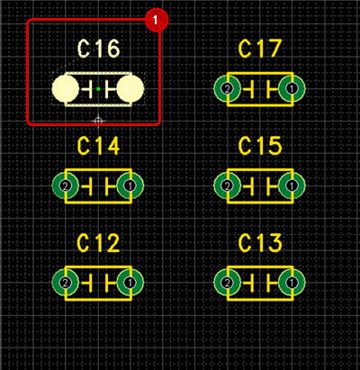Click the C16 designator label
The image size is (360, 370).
tap(98, 49)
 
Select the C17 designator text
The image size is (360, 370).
tap(260, 49)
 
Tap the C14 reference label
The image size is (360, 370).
tap(98, 146)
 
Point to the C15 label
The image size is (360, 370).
tap(260, 146)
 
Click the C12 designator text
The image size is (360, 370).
tap(98, 243)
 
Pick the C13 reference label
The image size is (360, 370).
tap(260, 243)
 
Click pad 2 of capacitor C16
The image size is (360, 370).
tap(66, 89)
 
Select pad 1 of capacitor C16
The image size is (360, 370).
tap(130, 89)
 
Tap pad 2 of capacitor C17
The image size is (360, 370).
tap(228, 89)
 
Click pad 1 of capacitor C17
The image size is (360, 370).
tap(292, 89)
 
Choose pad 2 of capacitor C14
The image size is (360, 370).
tap(66, 186)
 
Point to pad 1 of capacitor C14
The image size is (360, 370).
tap(130, 186)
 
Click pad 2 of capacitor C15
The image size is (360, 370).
tap(228, 186)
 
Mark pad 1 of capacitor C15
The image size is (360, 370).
tap(292, 186)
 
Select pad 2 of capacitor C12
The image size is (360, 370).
tap(66, 283)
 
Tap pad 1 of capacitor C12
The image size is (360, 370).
tap(130, 283)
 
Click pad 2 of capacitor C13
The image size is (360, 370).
tap(228, 283)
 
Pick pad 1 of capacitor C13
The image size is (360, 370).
tap(292, 283)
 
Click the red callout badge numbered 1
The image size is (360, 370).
tap(157, 20)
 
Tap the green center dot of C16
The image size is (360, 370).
tap(98, 89)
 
